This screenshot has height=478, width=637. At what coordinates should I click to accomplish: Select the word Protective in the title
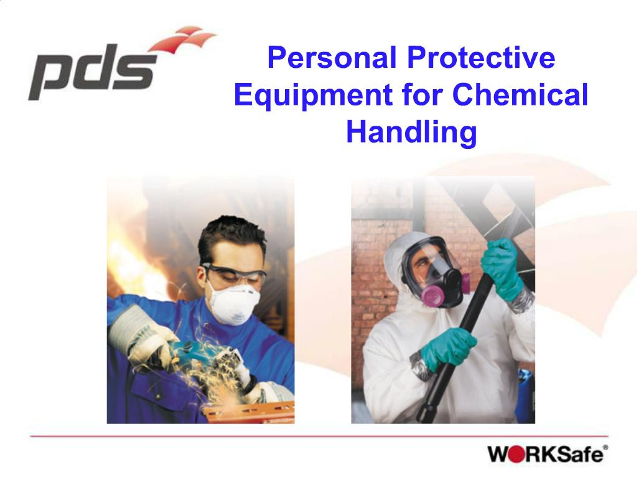(x=481, y=58)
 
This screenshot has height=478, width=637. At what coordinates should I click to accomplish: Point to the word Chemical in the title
(x=520, y=95)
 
